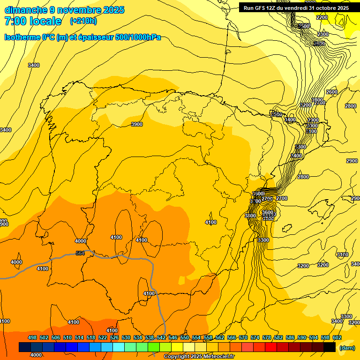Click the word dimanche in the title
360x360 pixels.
point(26,10)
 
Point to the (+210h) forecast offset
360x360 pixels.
point(83,21)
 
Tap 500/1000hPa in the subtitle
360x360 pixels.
point(140,37)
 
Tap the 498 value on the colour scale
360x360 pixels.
point(32,338)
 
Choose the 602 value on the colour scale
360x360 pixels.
point(337,338)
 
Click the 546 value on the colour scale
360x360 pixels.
point(173,338)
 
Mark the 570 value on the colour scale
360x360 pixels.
point(243,338)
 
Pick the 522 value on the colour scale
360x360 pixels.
point(103,338)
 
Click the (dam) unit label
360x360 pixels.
point(346,348)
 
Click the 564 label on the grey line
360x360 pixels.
point(81,254)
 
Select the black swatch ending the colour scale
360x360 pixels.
point(330,347)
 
